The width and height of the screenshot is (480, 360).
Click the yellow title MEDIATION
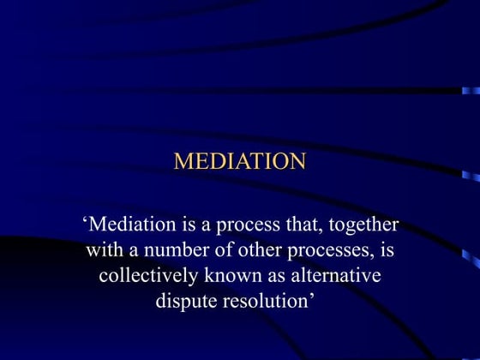[x=240, y=161]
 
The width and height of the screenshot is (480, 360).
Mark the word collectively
[x=150, y=278]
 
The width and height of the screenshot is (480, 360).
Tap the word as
[x=280, y=278]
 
